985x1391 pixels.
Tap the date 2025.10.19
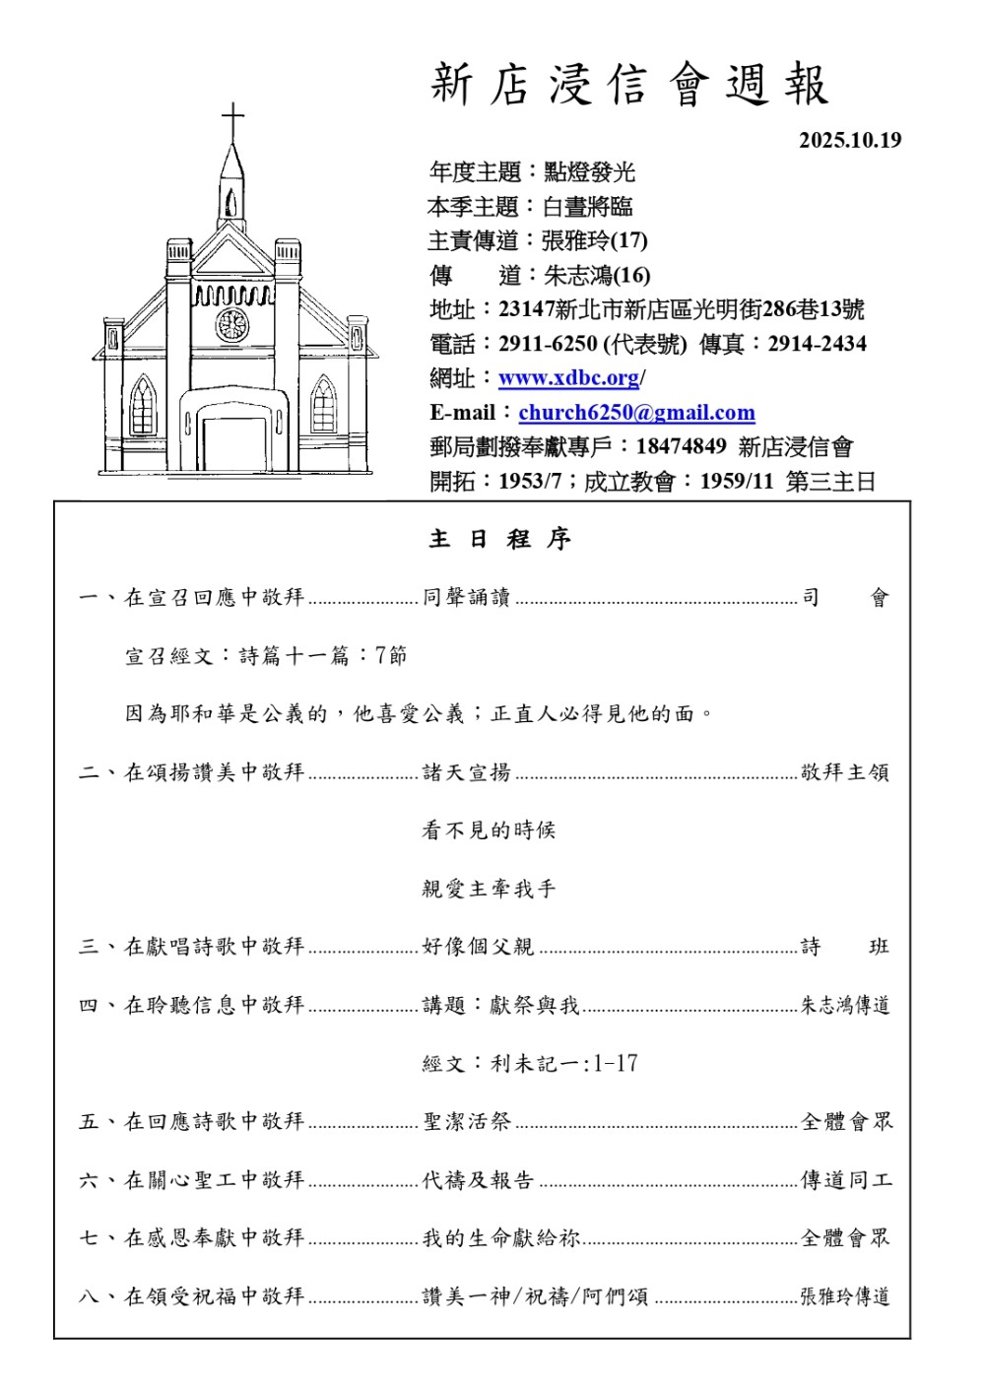(850, 140)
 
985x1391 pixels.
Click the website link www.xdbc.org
(569, 378)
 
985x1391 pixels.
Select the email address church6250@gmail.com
(636, 413)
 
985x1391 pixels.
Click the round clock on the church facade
(232, 324)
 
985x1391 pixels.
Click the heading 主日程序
(499, 539)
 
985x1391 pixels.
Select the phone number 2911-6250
(548, 344)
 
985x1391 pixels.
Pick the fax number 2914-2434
(817, 344)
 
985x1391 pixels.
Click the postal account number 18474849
(681, 447)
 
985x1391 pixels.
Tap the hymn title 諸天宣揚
(467, 773)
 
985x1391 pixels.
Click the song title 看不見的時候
(489, 830)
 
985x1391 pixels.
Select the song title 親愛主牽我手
(489, 890)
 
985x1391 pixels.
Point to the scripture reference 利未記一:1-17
(564, 1064)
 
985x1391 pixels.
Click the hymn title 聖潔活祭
(467, 1122)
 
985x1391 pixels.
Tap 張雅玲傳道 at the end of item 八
(845, 1296)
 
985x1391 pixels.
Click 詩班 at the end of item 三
(845, 948)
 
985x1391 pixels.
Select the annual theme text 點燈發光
(589, 172)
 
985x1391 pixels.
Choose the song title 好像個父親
(478, 948)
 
